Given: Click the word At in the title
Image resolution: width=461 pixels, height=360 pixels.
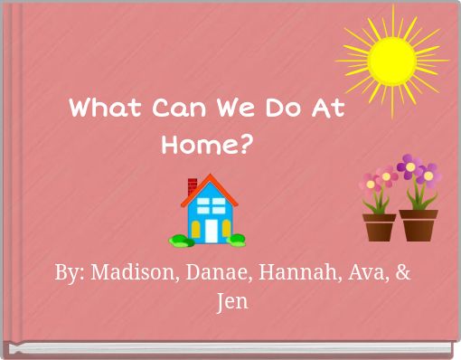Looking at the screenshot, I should [x=327, y=109].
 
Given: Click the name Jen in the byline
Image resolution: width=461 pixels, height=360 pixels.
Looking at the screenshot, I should [x=232, y=301].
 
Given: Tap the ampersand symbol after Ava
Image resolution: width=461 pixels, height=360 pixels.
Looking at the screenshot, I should [x=402, y=272].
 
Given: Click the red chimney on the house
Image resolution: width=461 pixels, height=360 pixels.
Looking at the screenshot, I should [x=193, y=186].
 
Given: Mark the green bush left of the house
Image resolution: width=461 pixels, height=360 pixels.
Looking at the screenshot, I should [x=180, y=240].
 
